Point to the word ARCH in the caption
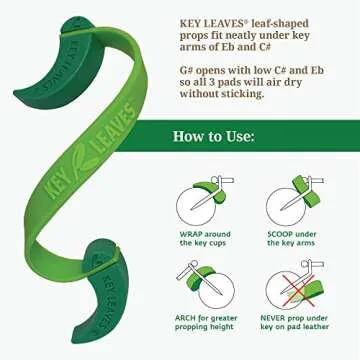(x=191, y=319)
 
